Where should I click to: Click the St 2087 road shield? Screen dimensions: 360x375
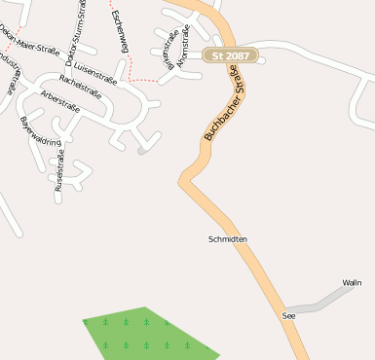pos(230,57)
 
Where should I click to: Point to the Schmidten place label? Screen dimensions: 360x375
pos(228,238)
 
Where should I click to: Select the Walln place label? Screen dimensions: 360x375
pos(352,282)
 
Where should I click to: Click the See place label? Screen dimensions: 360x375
pos(288,316)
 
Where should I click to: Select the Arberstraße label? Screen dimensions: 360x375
pos(61,101)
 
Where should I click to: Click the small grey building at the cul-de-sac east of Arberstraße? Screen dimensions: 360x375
pos(143,151)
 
